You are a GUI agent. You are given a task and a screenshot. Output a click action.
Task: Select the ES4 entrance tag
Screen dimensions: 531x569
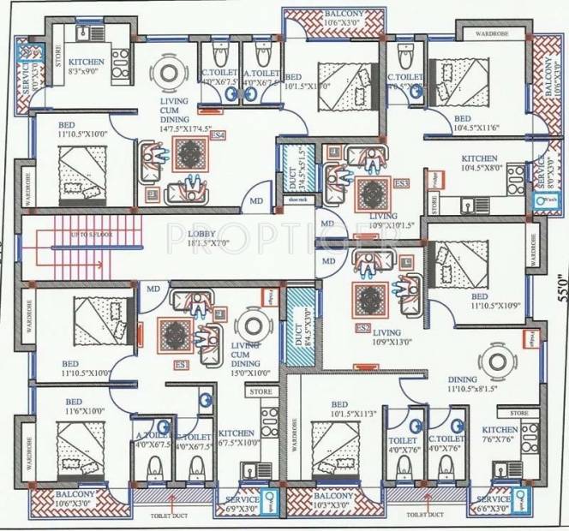click(218, 135)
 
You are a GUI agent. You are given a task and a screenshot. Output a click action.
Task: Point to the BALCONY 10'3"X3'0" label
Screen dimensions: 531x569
click(337, 499)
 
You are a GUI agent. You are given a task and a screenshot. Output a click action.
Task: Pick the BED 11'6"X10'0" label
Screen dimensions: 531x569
click(75, 406)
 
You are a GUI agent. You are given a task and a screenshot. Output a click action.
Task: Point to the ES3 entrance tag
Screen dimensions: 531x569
click(401, 183)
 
